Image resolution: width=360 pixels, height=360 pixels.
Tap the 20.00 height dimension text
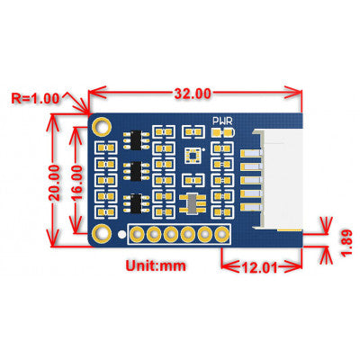(x=55, y=181)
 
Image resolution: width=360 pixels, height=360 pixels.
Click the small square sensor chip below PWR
(x=192, y=154)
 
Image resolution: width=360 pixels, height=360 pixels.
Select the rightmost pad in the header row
(x=219, y=236)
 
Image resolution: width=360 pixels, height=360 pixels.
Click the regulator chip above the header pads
(x=190, y=203)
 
